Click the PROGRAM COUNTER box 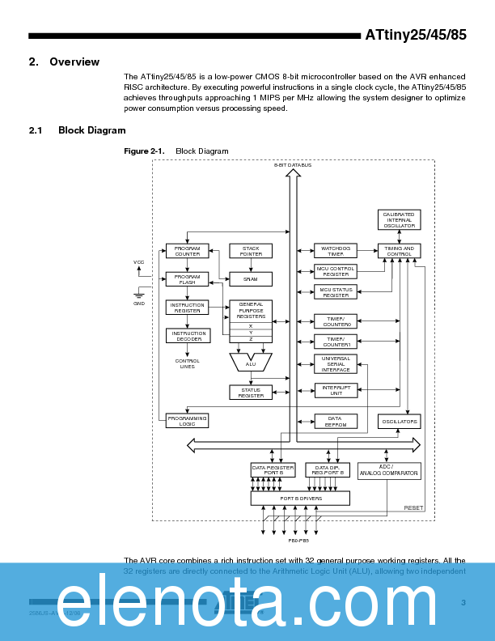coord(188,251)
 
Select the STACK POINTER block coord(251,251)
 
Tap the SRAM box coord(251,279)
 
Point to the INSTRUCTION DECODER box coord(188,336)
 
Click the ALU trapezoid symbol coord(251,361)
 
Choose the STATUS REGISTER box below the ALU coord(251,393)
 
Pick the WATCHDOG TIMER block coord(336,251)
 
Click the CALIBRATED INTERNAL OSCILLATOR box coord(400,220)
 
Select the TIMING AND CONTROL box coord(400,251)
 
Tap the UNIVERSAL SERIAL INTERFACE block coord(336,364)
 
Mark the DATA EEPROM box coord(336,421)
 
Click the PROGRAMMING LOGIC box coord(188,421)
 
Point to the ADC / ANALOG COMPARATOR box coord(389,470)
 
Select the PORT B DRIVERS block coord(301,499)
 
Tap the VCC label coord(139,262)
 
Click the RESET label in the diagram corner coord(413,508)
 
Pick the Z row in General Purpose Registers coord(251,339)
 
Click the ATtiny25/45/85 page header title coord(416,36)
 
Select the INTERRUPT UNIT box coord(336,391)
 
